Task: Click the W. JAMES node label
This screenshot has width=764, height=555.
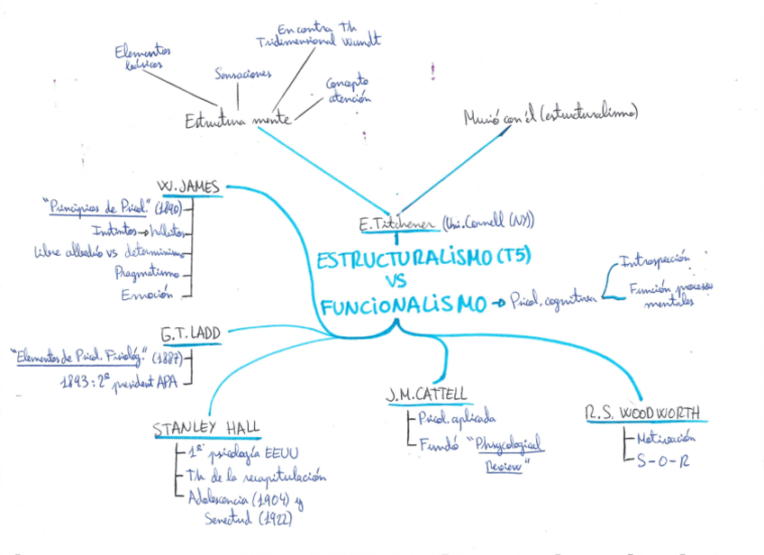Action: [188, 186]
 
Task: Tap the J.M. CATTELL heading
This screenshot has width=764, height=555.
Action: [426, 394]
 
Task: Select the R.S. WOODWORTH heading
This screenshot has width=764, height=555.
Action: [643, 414]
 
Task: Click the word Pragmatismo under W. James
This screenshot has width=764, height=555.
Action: [147, 272]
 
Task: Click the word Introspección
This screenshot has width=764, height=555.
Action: [654, 259]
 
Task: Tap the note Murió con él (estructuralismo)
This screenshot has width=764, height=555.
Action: [550, 115]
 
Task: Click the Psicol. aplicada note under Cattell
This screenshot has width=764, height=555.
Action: [455, 418]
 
